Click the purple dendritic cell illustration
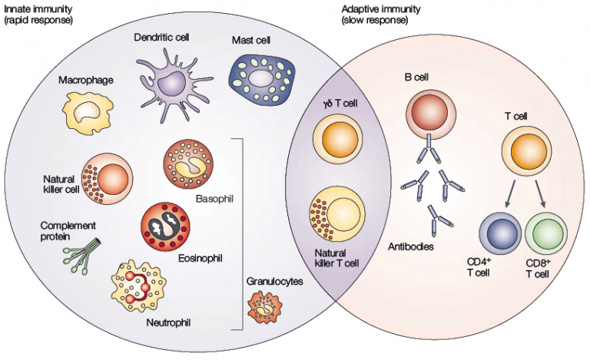click(171, 79)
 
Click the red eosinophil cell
click(164, 226)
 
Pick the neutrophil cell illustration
click(147, 286)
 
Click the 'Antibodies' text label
click(412, 246)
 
